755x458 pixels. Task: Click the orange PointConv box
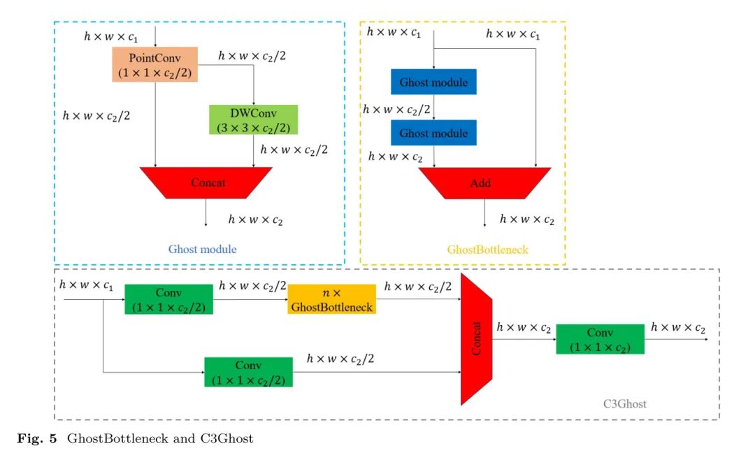154,64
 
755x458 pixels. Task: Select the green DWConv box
253,120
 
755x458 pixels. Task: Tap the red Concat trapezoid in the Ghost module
206,183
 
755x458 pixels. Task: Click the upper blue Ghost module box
433,83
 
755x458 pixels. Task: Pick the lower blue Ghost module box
433,133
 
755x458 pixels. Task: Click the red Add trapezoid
484,183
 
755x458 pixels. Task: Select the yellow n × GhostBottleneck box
331,299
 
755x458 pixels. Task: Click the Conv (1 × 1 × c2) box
600,339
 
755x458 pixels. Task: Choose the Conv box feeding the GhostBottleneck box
168,299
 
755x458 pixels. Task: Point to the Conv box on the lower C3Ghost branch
248,372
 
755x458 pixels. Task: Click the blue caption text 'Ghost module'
202,250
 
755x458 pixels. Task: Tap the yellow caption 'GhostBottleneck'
487,250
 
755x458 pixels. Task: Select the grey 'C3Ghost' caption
624,403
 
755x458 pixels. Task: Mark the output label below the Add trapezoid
526,220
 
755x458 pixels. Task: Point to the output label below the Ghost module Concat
255,220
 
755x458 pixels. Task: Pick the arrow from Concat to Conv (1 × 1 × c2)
524,339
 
